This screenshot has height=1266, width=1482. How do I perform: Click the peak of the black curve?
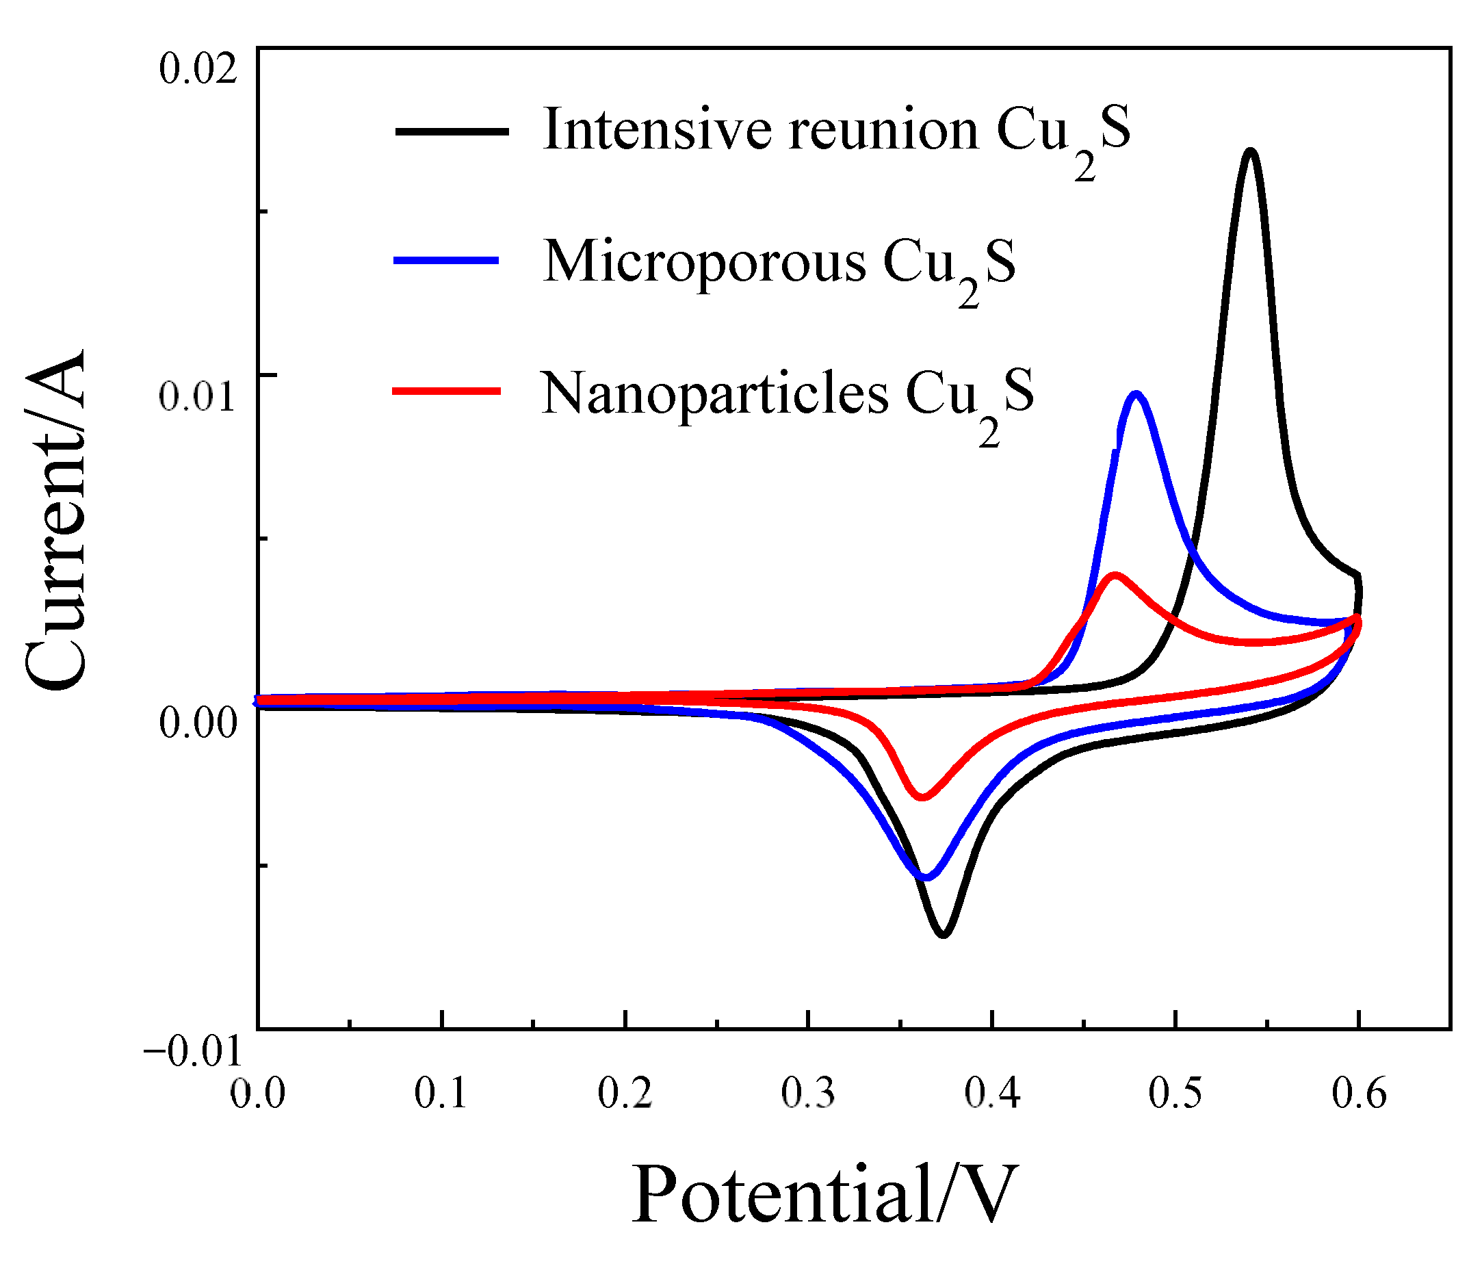[1249, 152]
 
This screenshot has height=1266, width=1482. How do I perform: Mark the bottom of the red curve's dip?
[922, 797]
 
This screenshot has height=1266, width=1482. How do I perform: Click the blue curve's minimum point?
[927, 877]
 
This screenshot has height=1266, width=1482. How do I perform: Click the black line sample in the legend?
[452, 131]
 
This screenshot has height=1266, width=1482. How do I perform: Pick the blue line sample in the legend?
[446, 261]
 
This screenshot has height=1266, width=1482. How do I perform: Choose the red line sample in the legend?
[446, 391]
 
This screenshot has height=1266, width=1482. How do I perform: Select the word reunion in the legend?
[883, 130]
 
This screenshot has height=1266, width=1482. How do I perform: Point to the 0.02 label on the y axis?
[198, 70]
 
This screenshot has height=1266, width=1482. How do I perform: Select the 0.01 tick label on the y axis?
[198, 396]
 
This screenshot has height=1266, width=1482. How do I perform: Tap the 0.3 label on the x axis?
[808, 1094]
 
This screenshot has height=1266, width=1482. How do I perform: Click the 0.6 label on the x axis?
[1359, 1094]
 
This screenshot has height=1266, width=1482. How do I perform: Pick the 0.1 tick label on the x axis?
[441, 1094]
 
